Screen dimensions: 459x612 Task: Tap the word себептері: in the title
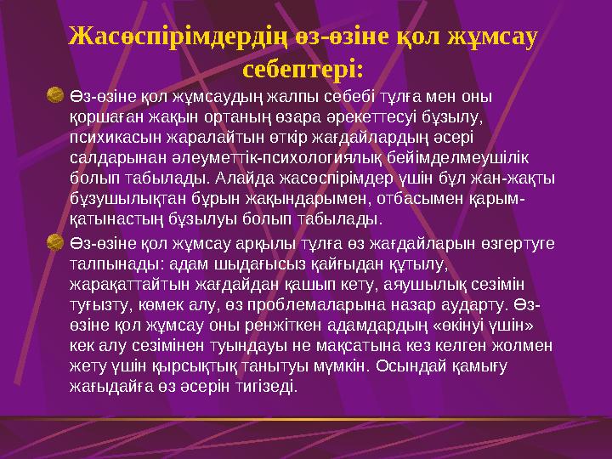[303, 66]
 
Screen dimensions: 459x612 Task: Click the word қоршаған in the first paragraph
[100, 116]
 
